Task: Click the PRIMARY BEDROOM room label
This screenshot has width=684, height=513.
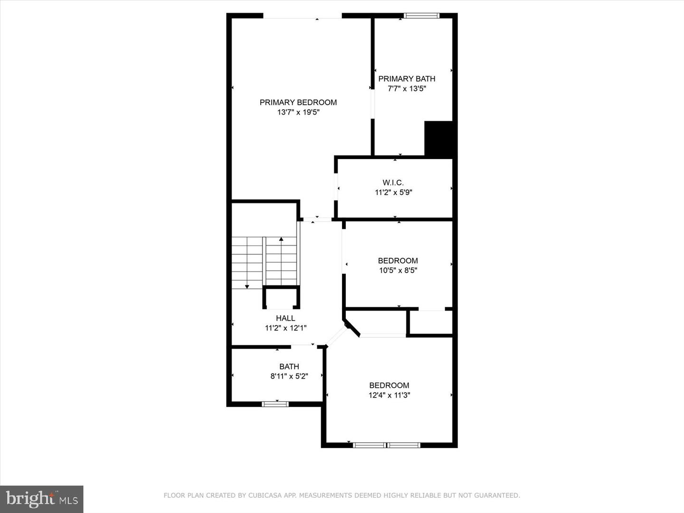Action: (298, 102)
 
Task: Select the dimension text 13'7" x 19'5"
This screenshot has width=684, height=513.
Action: (298, 113)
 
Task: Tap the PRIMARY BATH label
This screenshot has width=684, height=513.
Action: (407, 79)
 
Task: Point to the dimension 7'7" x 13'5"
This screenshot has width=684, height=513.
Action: (407, 88)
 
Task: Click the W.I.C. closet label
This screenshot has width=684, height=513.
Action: (393, 182)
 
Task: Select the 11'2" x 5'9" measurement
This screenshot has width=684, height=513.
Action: (393, 192)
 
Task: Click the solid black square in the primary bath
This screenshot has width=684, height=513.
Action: (438, 139)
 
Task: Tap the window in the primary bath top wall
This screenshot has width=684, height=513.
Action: (421, 16)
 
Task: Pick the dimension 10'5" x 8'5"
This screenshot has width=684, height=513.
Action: (398, 270)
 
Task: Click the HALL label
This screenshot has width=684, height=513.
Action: (285, 318)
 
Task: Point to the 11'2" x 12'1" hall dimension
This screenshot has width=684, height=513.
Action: (285, 328)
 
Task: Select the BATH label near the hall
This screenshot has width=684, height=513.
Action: (289, 366)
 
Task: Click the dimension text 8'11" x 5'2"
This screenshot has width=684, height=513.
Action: (289, 376)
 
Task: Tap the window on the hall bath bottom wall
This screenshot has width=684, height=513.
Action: (275, 404)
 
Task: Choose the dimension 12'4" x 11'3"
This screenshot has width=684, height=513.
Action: (389, 395)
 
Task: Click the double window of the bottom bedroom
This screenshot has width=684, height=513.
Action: (387, 445)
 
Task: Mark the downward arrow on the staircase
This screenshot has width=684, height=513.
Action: (247, 286)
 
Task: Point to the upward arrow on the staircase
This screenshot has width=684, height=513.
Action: (281, 239)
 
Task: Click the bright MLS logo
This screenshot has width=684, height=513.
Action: (42, 499)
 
